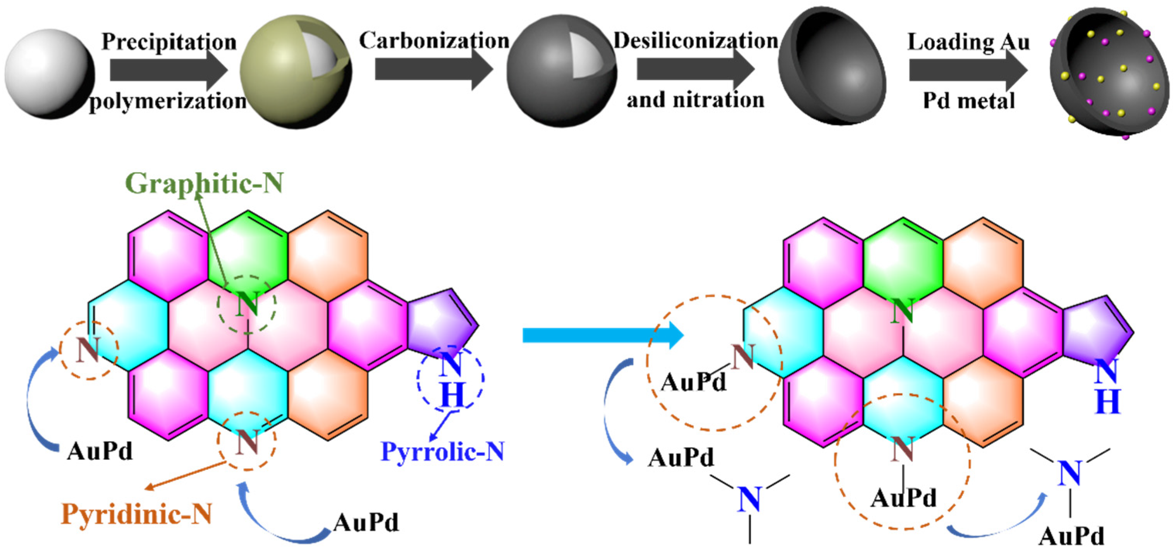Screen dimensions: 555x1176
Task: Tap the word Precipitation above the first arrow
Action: [169, 41]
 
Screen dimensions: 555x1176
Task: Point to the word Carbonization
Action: [434, 41]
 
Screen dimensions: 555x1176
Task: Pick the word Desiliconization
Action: [696, 41]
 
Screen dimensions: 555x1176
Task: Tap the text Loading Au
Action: [968, 42]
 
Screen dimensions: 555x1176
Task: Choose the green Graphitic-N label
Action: [204, 183]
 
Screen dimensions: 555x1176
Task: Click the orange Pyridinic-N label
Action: [136, 514]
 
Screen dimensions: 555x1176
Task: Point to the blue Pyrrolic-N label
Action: [442, 452]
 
